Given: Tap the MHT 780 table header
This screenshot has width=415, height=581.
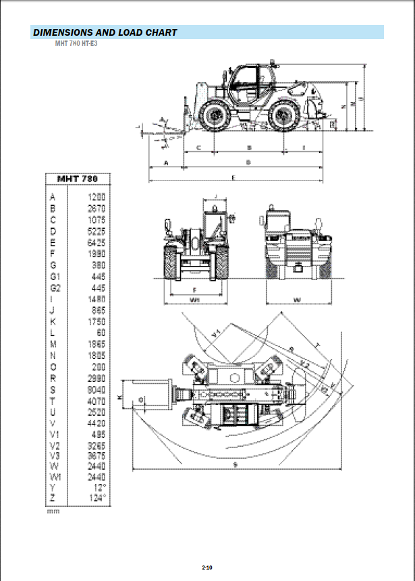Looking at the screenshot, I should point(77,179).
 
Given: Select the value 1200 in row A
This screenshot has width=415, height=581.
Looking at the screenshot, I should point(96,196).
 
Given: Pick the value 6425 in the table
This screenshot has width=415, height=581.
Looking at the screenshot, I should point(96,243).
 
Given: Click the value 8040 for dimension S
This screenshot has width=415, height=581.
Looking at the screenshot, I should point(96,390).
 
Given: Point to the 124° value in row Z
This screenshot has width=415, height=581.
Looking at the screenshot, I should point(98,498).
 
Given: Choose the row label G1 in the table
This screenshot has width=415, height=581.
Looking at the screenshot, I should point(55,277).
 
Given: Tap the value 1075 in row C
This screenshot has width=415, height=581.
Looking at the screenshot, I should point(96,219).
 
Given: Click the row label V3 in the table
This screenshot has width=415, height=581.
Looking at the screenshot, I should point(55,455).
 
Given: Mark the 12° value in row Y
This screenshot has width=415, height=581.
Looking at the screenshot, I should point(99,487).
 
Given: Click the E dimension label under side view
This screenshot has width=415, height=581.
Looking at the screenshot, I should point(233,177).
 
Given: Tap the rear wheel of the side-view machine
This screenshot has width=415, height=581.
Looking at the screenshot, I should point(283,116).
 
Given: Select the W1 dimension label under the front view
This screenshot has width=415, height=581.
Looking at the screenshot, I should point(194,299).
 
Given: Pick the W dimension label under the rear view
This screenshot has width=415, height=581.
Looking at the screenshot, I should point(298,299).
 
